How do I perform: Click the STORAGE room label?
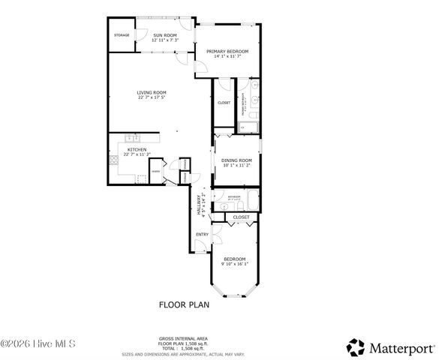122,35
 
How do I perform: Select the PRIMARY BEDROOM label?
227,52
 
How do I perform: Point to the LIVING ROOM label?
152,94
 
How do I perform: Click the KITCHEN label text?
137,150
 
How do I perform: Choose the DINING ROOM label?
236,160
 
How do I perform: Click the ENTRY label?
202,235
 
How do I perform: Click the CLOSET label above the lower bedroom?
241,217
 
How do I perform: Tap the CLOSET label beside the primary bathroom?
224,103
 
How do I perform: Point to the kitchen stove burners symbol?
114,159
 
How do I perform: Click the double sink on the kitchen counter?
132,138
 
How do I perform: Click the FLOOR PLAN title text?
183,304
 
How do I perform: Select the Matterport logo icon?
356,347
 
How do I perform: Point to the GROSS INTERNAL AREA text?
183,338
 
